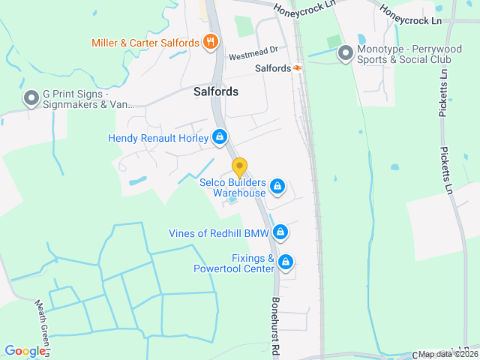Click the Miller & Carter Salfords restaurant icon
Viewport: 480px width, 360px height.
pos(211,42)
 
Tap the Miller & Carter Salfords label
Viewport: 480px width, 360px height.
pos(145,43)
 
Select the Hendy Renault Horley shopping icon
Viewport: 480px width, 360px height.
pos(220,137)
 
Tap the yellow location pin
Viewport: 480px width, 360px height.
pos(239,167)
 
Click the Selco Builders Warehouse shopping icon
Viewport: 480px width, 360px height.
pos(277,185)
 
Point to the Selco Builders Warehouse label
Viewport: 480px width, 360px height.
pos(232,187)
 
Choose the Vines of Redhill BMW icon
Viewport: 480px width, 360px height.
pos(280,232)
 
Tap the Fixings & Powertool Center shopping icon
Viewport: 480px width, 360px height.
pos(285,262)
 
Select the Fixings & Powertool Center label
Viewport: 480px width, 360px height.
pos(234,263)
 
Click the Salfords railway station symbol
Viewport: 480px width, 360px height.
pos(298,68)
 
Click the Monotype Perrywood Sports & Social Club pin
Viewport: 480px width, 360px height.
pos(346,52)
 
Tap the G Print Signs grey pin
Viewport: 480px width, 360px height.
pos(31,97)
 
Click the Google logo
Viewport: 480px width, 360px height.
pos(25,350)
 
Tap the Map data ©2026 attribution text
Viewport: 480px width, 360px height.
pos(447,354)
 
